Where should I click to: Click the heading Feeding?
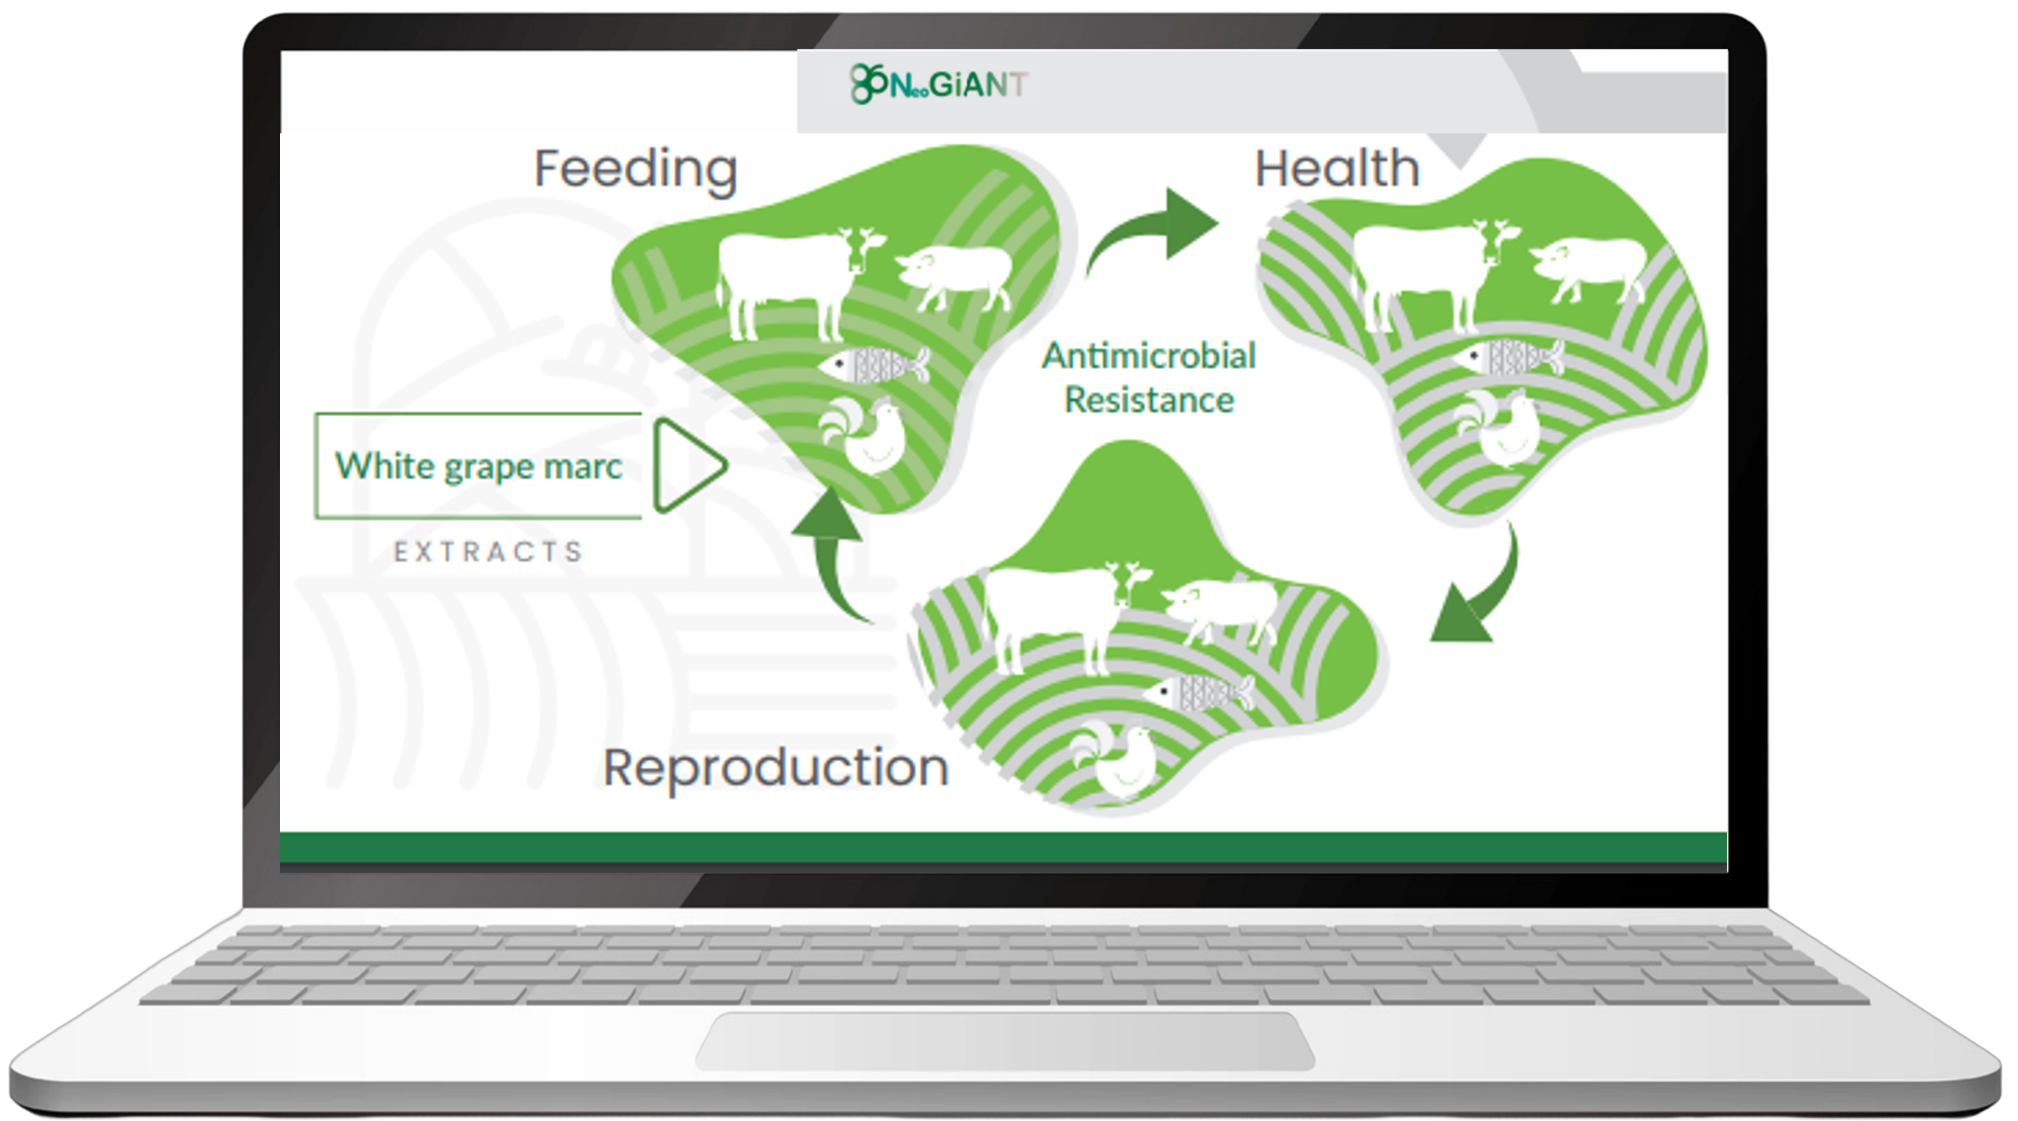click(635, 169)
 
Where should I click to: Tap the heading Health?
click(1336, 169)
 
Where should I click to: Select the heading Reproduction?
click(776, 768)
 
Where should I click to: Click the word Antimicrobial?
click(1148, 356)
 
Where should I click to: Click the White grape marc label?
click(478, 466)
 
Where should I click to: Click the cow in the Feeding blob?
click(791, 278)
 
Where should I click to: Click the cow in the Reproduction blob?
click(1053, 611)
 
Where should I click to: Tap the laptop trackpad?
click(1005, 1040)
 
